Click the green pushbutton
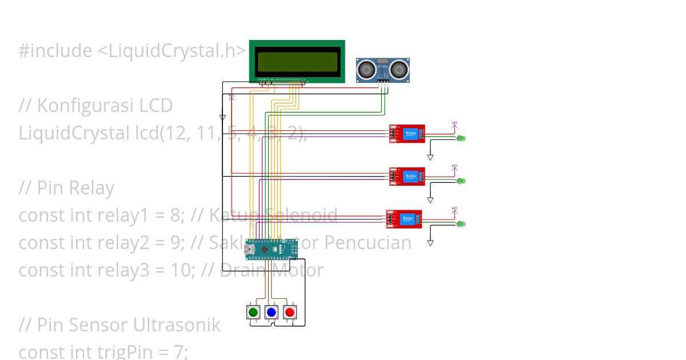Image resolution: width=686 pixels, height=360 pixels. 253,312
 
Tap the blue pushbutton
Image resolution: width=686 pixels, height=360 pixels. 271,312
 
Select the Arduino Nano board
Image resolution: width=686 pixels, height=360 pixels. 272,249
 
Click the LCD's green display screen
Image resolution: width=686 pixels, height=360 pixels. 297,61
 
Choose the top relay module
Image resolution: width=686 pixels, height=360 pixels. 407,134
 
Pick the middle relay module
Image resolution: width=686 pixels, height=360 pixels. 407,177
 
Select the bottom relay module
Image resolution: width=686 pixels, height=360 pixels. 404,219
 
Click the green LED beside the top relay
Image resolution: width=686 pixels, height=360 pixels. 461,138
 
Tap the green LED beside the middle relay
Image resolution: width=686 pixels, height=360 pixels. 461,181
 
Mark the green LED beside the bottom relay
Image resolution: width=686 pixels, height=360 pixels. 461,223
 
